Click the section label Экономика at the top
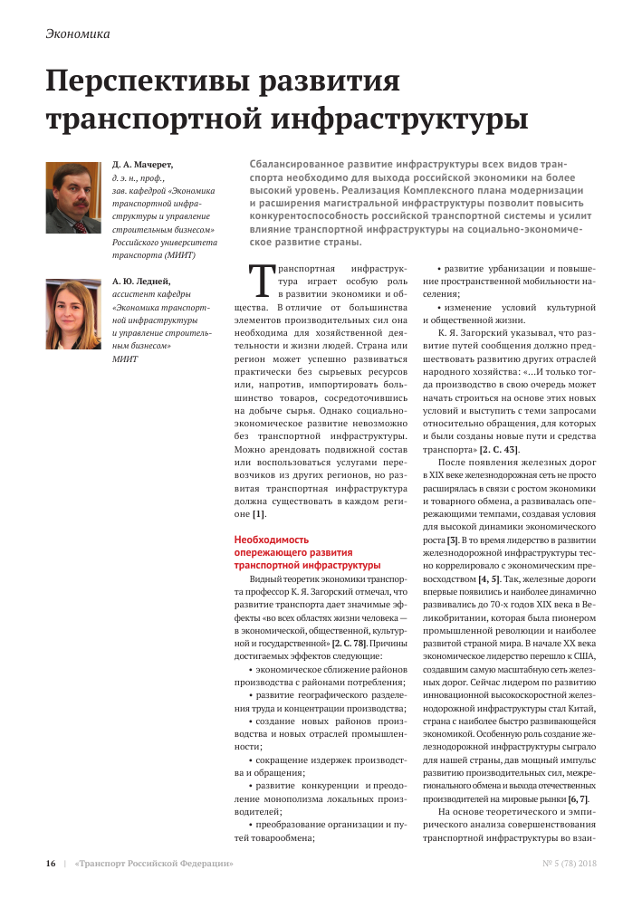pos(77,34)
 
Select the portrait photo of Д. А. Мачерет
pos(72,197)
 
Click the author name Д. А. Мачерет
pos(142,165)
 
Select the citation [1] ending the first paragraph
pos(258,514)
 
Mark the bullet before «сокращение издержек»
pos(250,760)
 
